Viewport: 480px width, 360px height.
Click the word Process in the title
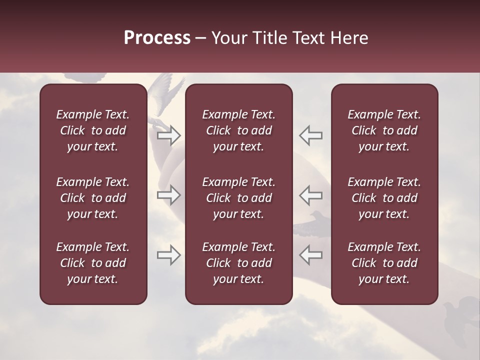[x=157, y=38]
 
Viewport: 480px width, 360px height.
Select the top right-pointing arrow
[x=168, y=135]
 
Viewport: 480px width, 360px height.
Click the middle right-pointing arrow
[x=168, y=195]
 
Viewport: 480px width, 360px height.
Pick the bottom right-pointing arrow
[x=168, y=255]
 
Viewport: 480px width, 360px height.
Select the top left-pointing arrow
[x=310, y=135]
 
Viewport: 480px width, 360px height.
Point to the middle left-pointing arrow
[x=310, y=195]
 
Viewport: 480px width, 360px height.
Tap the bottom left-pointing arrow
[x=310, y=255]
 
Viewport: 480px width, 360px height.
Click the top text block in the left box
[x=93, y=130]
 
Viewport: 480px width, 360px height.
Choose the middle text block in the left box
[x=93, y=198]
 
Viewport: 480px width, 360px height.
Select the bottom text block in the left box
[x=93, y=263]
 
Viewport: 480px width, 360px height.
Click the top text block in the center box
[x=238, y=130]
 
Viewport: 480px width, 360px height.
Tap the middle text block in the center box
[x=238, y=198]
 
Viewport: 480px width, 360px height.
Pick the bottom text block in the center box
[x=238, y=263]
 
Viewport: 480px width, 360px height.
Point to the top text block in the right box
[x=384, y=130]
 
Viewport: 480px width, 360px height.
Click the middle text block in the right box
[x=384, y=198]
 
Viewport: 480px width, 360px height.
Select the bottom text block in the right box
[x=384, y=263]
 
